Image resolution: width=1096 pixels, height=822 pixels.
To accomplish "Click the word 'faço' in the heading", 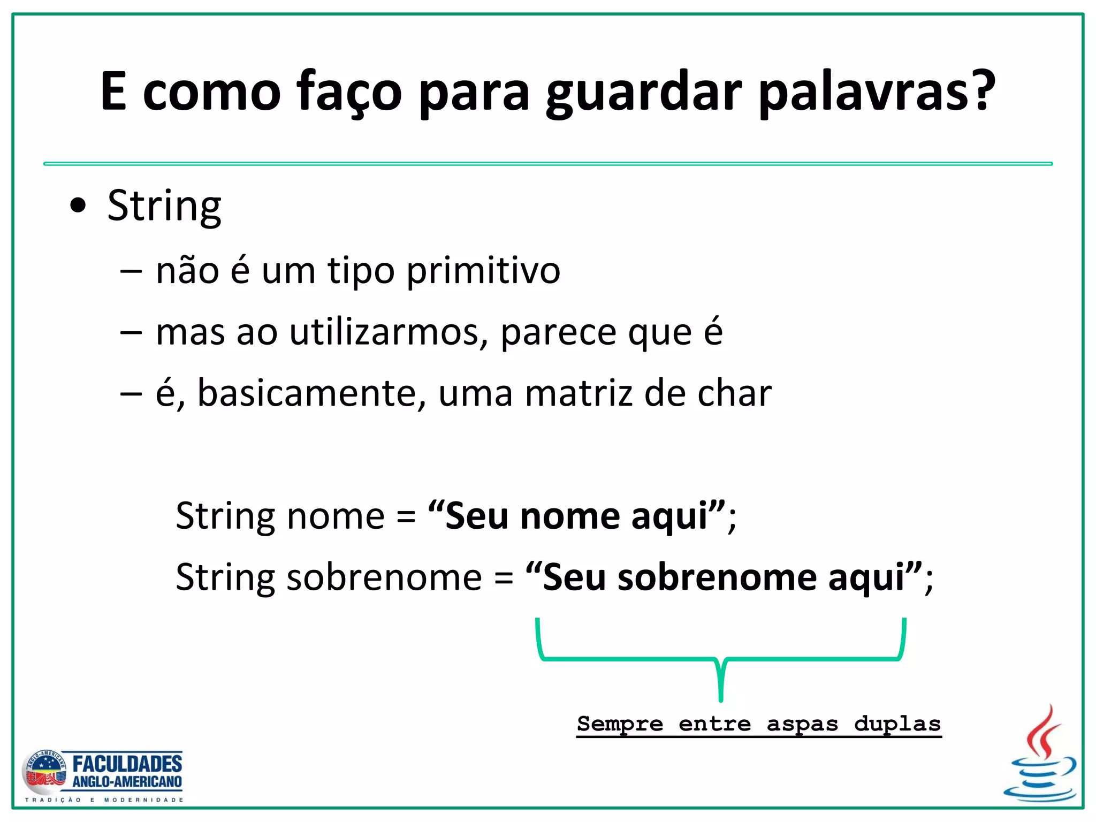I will pyautogui.click(x=349, y=92).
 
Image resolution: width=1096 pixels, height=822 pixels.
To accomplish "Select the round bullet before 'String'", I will pyautogui.click(x=78, y=206).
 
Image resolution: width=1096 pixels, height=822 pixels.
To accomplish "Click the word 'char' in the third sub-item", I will pyautogui.click(x=734, y=393).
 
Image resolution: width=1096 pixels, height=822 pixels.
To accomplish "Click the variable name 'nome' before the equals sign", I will pyautogui.click(x=336, y=516).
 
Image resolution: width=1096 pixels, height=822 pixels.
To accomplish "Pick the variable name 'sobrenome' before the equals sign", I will pyautogui.click(x=384, y=578).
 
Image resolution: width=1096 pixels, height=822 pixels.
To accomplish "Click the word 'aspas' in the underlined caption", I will pyautogui.click(x=802, y=724).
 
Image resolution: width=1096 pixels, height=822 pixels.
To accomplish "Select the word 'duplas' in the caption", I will pyautogui.click(x=897, y=724).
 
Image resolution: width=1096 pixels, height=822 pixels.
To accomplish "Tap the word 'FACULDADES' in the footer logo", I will pyautogui.click(x=127, y=764).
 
